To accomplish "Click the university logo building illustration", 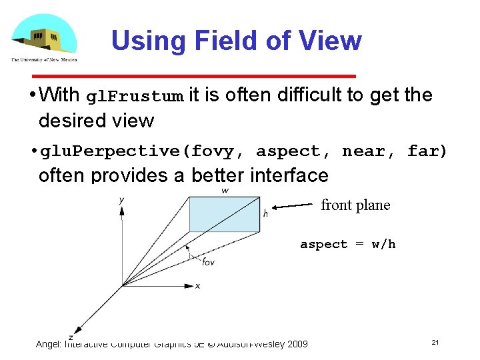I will [x=44, y=37].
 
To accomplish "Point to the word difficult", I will [x=309, y=95].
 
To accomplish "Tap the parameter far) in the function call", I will [x=427, y=151].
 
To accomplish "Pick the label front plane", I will [x=355, y=205].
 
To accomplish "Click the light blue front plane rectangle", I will [x=224, y=213].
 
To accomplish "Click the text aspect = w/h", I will [x=347, y=244].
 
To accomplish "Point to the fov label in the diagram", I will [x=209, y=261].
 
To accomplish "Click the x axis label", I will [x=197, y=286].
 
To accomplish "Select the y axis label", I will [x=121, y=200].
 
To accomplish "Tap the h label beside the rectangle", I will [x=265, y=213].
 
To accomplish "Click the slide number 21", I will [x=435, y=342].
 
